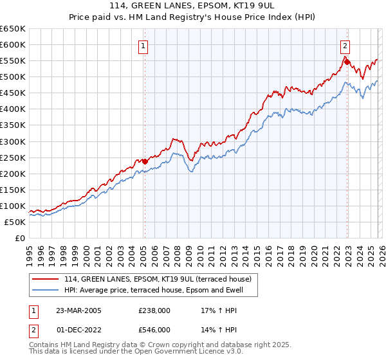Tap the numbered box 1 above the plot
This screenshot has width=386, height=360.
pyautogui.click(x=142, y=46)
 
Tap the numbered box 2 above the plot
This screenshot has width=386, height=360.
pyautogui.click(x=345, y=46)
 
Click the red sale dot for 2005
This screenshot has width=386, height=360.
pyautogui.click(x=145, y=161)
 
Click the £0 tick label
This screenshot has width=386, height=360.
pyautogui.click(x=19, y=238)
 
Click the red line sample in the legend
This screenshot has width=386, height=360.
pyautogui.click(x=46, y=279)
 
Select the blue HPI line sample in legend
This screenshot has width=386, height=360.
pyautogui.click(x=46, y=291)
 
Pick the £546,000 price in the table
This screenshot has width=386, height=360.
pyautogui.click(x=154, y=330)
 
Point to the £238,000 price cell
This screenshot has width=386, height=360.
pyautogui.click(x=154, y=310)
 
